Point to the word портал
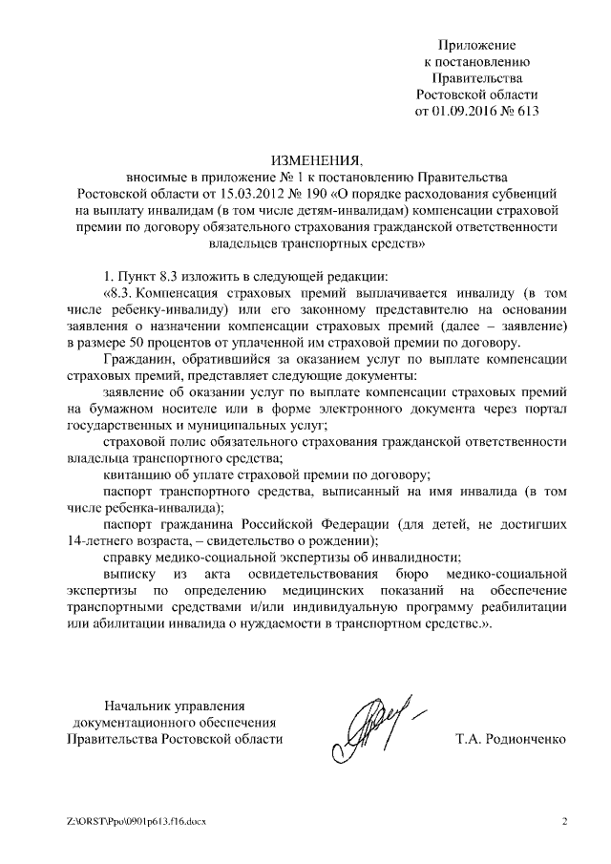(x=544, y=411)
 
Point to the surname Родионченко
(x=525, y=740)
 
